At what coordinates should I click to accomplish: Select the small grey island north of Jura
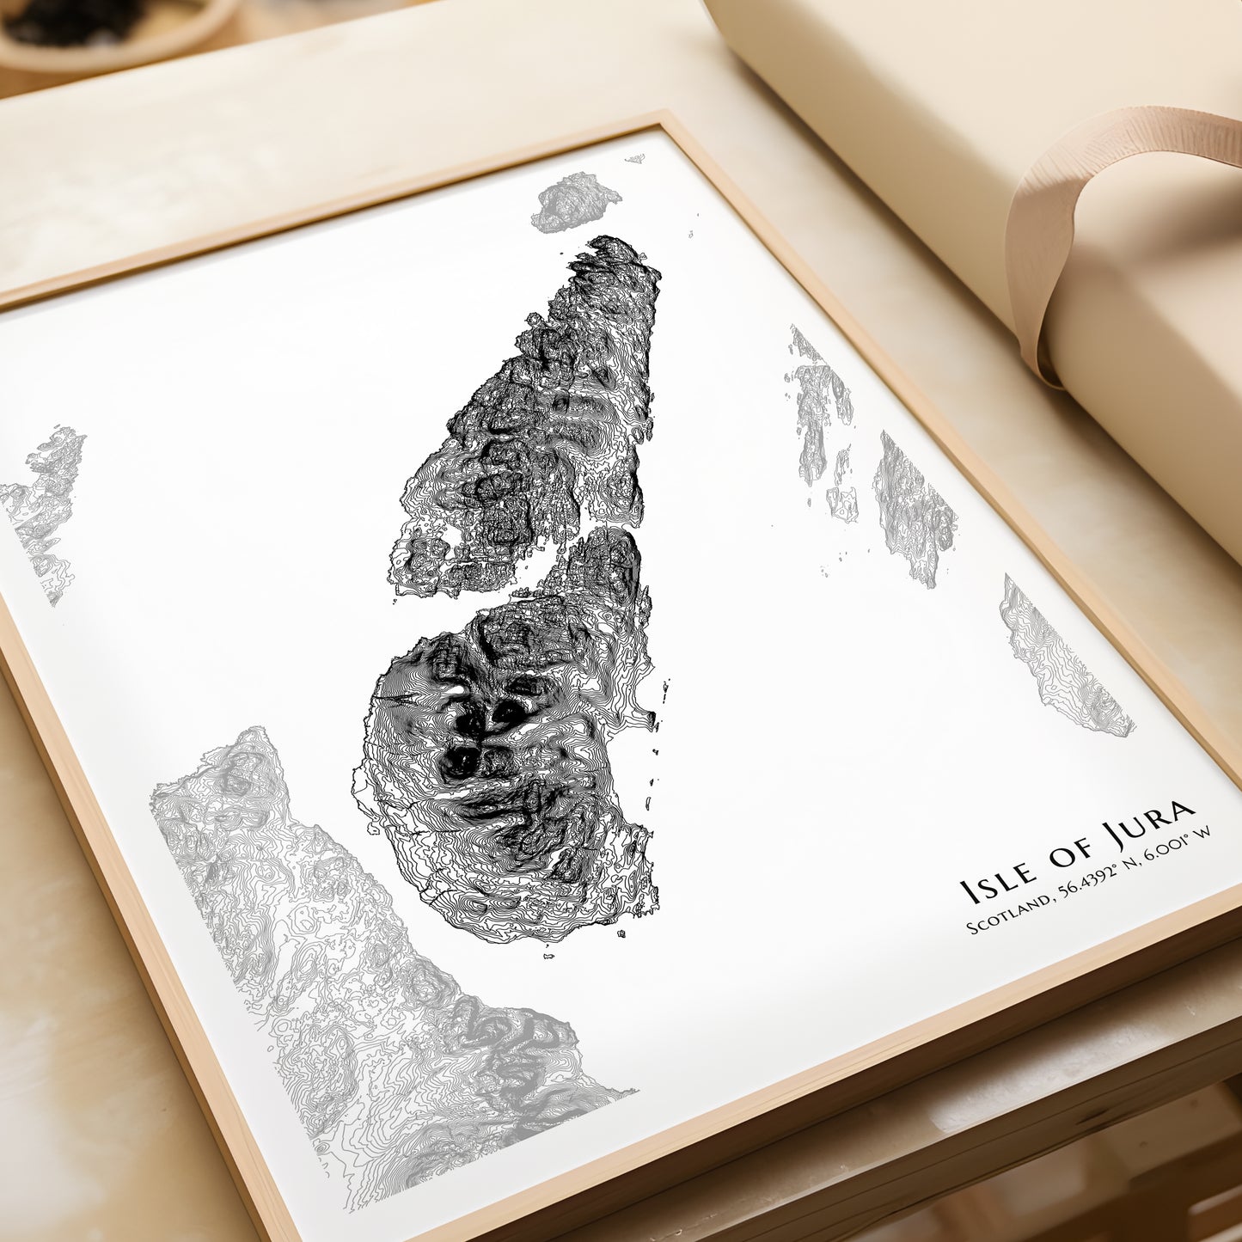574,201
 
